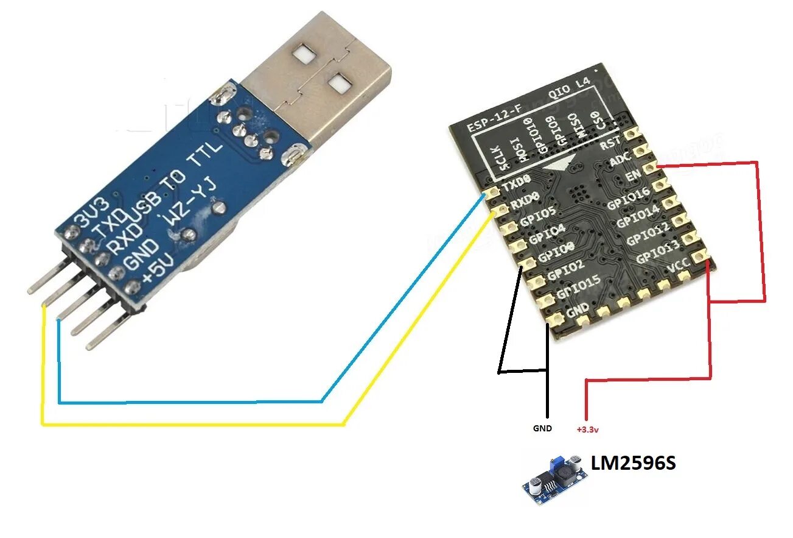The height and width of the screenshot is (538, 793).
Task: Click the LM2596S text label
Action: click(x=634, y=464)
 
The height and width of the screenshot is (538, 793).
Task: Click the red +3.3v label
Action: click(x=587, y=430)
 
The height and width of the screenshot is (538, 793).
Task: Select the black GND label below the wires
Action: click(x=542, y=428)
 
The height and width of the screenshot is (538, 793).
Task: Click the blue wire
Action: click(x=189, y=402)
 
